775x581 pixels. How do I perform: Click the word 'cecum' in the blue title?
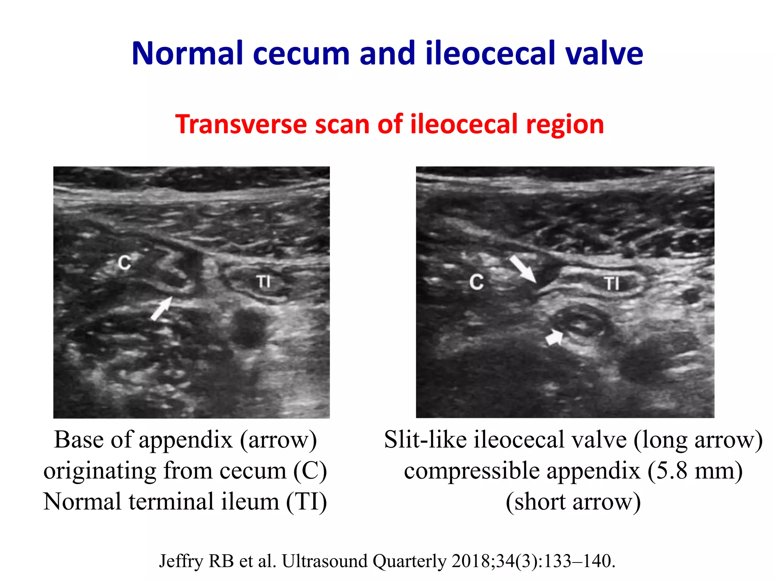pos(301,54)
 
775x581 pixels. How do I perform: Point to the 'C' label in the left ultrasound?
pos(124,262)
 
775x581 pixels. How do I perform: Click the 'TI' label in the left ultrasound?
pos(263,281)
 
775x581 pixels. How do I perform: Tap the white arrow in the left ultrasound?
pos(161,309)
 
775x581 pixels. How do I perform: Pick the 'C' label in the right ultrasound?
pos(476,282)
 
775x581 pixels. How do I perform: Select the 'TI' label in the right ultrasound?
pos(612,283)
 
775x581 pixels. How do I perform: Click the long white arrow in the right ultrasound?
pos(523,269)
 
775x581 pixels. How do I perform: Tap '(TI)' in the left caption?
pos(306,502)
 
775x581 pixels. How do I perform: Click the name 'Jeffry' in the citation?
pos(181,561)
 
